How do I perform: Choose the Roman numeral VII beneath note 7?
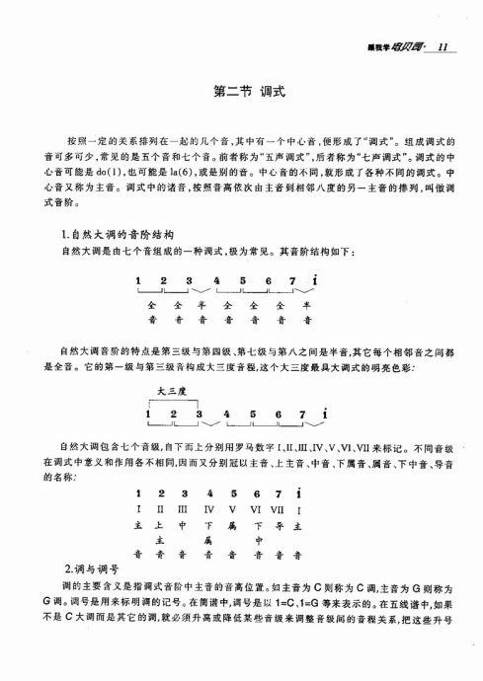(x=283, y=508)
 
